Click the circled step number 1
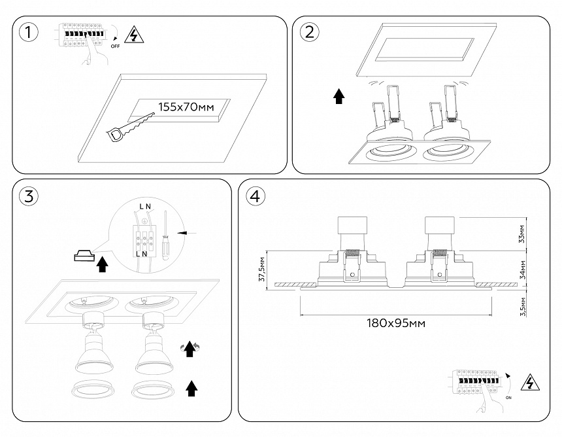pos(28,31)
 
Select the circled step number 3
pos(28,195)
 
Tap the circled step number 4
pos(256,195)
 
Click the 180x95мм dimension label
pos(392,323)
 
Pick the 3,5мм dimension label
pos(521,306)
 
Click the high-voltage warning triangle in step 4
pos(529,383)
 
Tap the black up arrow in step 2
pos(339,97)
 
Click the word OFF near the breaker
pos(115,46)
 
